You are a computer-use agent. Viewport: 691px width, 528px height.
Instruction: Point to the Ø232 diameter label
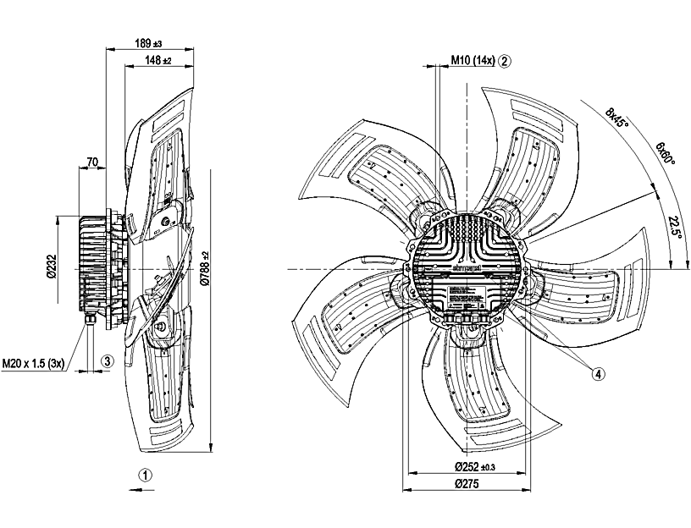point(50,268)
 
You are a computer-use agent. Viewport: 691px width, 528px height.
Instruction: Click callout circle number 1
point(146,476)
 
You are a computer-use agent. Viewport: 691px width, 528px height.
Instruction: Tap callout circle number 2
point(505,61)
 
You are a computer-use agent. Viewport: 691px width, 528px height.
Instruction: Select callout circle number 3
point(107,360)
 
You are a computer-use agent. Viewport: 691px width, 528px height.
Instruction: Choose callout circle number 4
point(599,373)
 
